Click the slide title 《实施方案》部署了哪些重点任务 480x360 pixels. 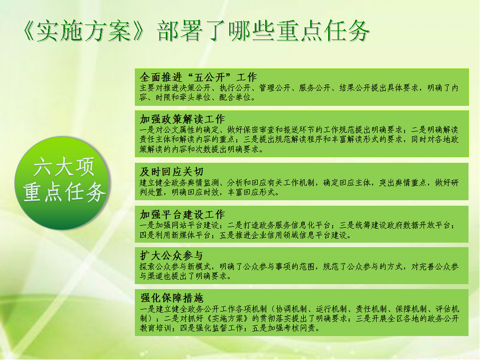coord(196,31)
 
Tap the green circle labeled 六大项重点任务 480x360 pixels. coord(62,183)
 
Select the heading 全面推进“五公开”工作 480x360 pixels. coord(198,77)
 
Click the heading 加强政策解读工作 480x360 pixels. coord(182,119)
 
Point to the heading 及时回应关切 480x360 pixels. coord(171,171)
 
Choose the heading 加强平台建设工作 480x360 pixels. coord(182,214)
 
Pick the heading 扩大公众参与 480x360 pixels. coord(171,256)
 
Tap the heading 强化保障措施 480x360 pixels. coord(172,298)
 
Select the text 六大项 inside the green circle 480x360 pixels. coord(63,167)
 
